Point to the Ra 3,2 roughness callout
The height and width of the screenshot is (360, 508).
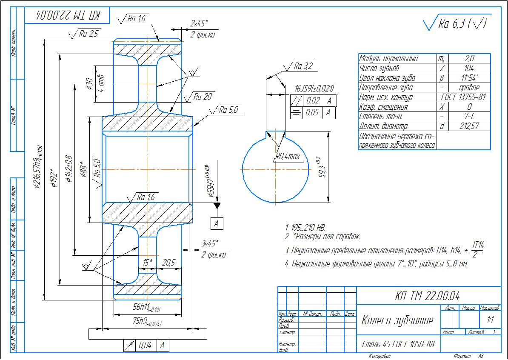click(303, 66)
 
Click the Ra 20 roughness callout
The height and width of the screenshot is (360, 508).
click(203, 97)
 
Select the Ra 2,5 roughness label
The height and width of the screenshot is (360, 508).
click(88, 34)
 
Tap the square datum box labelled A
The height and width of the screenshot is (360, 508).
click(217, 223)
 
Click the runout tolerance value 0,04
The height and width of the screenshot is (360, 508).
click(145, 346)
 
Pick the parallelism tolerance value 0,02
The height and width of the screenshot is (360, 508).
click(313, 101)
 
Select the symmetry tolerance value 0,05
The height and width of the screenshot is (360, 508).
click(313, 113)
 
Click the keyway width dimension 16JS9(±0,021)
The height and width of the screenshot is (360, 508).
click(314, 89)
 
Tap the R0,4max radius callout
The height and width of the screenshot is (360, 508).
click(288, 157)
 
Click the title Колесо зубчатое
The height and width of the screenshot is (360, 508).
click(397, 320)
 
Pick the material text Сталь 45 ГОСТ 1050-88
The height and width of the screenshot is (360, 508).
click(398, 344)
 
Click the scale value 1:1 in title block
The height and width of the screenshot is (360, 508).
click(490, 319)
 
